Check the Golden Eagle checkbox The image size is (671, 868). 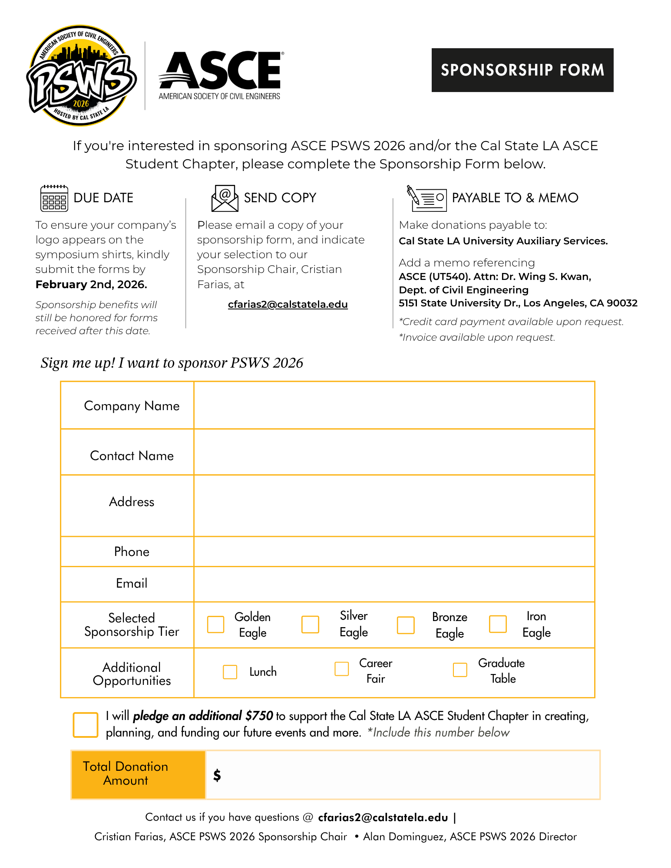215,624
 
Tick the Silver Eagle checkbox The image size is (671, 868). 310,624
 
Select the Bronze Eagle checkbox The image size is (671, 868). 406,625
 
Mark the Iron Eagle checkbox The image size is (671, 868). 498,624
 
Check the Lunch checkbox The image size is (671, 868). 230,671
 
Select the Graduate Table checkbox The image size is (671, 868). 460,669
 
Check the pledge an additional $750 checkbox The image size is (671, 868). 86,724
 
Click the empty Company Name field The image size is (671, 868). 393,405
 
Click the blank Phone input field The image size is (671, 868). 393,551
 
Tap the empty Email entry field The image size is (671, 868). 393,584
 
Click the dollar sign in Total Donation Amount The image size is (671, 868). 217,775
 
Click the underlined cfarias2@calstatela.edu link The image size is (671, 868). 288,304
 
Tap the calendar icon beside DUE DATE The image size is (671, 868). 54,198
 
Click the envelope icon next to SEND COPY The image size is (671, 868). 225,198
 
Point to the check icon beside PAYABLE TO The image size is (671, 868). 426,198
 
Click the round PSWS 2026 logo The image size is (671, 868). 81,76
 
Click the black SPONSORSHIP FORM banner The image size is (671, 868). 522,70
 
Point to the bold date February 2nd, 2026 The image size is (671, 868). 91,284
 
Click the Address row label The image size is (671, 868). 132,502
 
